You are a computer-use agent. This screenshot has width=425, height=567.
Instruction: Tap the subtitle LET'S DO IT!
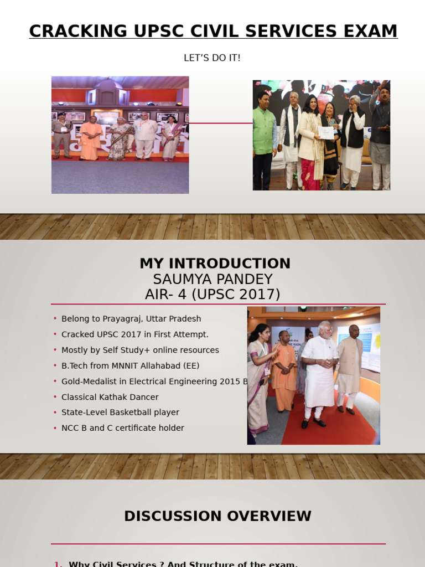[x=212, y=58]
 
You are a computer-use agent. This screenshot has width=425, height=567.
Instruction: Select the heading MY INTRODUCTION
[x=215, y=264]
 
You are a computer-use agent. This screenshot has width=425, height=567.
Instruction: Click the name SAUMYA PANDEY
[x=213, y=279]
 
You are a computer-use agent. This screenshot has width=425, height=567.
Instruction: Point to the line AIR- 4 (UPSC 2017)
[x=212, y=295]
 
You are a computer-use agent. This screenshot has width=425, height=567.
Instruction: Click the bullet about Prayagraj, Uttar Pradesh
[x=131, y=319]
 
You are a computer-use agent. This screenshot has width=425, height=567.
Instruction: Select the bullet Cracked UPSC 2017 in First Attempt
[x=135, y=334]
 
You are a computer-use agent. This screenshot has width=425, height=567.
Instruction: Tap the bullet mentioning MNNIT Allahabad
[x=131, y=365]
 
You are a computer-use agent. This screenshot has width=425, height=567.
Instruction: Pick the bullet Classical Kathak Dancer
[x=110, y=397]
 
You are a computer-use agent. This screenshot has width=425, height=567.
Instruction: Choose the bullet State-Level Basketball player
[x=120, y=413]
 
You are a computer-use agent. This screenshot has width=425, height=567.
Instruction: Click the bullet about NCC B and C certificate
[x=123, y=428]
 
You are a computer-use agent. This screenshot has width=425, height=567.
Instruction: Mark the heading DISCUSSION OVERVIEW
[x=217, y=516]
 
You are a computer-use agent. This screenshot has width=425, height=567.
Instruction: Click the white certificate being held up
[x=326, y=133]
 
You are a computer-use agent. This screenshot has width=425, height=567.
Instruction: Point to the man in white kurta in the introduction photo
[x=320, y=377]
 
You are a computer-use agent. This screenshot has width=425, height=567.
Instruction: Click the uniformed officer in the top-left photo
[x=62, y=136]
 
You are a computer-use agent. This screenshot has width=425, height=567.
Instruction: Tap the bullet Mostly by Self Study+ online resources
[x=140, y=350]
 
